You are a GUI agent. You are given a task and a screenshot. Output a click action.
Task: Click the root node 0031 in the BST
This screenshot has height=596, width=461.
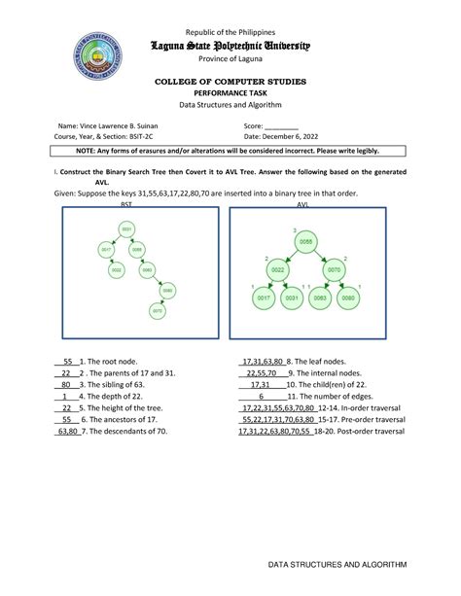point(126,229)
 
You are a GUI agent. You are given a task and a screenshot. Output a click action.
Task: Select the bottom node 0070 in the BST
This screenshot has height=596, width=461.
point(154,311)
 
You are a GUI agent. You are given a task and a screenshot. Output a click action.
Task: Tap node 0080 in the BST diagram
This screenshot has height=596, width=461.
point(167,291)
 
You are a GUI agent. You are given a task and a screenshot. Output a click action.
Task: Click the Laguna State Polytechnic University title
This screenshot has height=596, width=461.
point(230,46)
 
